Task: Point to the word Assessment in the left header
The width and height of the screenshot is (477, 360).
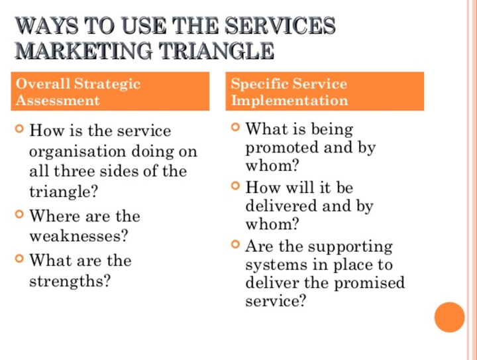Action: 58,101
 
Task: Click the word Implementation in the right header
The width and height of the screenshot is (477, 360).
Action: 289,101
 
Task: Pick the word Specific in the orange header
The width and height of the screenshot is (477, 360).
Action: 260,84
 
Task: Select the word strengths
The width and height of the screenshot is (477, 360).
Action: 70,280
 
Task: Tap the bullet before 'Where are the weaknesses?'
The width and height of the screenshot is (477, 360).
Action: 20,214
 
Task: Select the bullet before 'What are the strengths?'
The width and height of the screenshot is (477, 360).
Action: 20,259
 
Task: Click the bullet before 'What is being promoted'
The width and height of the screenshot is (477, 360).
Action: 235,127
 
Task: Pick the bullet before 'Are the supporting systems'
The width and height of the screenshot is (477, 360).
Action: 235,245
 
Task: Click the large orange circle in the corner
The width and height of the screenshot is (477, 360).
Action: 449,316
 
